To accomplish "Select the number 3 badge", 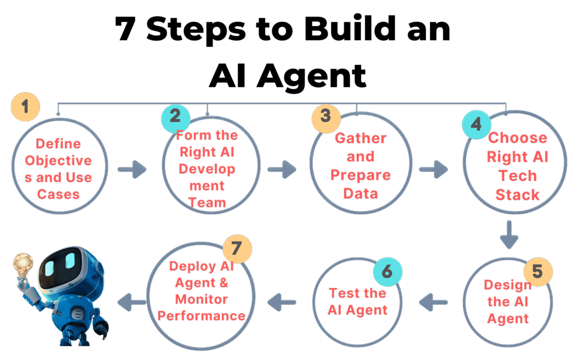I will [325, 115].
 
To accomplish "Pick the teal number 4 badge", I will [476, 124].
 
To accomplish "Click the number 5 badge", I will [538, 271].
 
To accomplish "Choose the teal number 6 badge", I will [387, 271].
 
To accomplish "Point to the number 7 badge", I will [237, 249].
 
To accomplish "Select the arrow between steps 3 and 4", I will [433, 171].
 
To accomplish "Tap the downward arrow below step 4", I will [508, 235].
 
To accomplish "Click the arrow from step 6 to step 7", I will [283, 303].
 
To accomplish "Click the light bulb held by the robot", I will [23, 263].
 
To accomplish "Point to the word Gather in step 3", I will [361, 138].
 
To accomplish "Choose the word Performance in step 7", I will [201, 315].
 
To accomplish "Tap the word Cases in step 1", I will [58, 194].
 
